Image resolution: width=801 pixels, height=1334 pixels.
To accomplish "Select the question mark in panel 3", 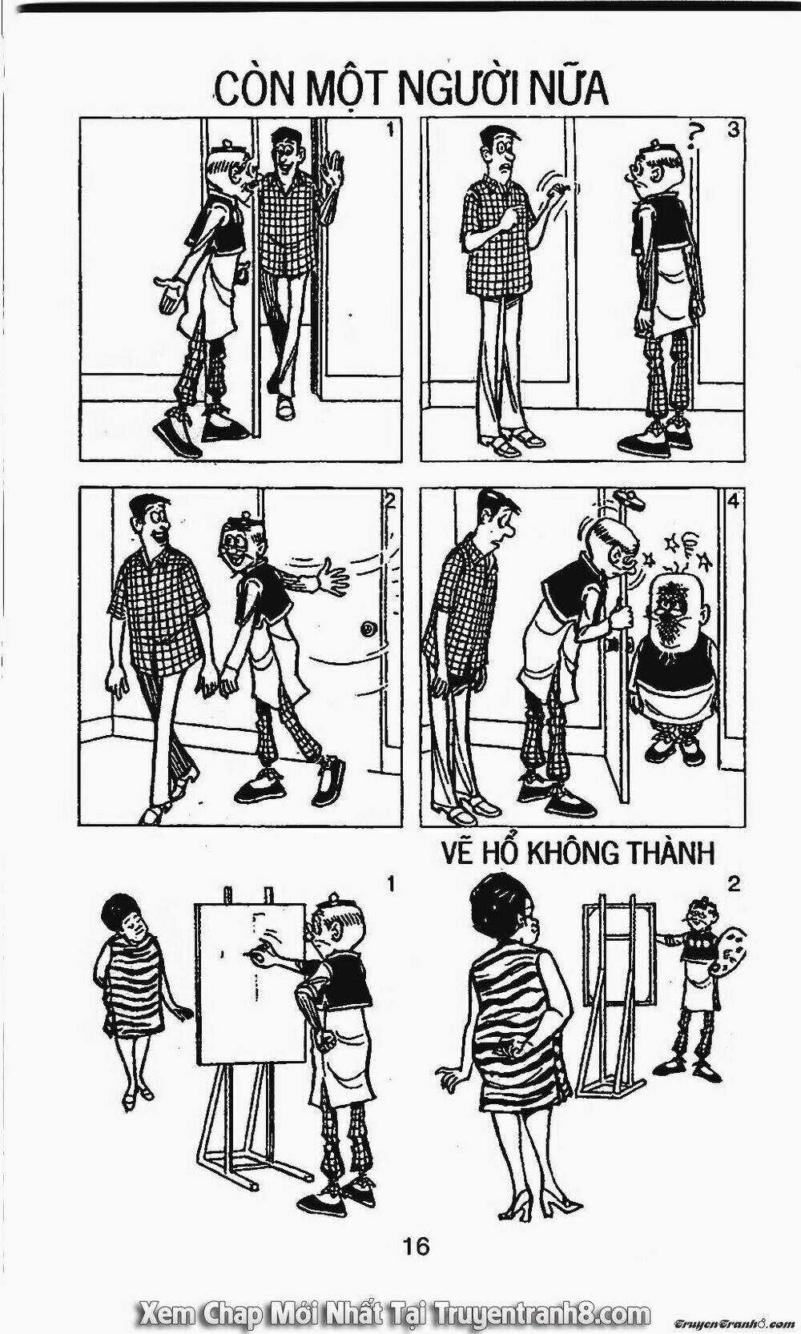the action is pos(693,136).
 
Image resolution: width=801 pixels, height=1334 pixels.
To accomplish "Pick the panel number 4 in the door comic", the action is pos(733,502).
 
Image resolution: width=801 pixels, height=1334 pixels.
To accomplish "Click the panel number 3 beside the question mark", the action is pos(733,129).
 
